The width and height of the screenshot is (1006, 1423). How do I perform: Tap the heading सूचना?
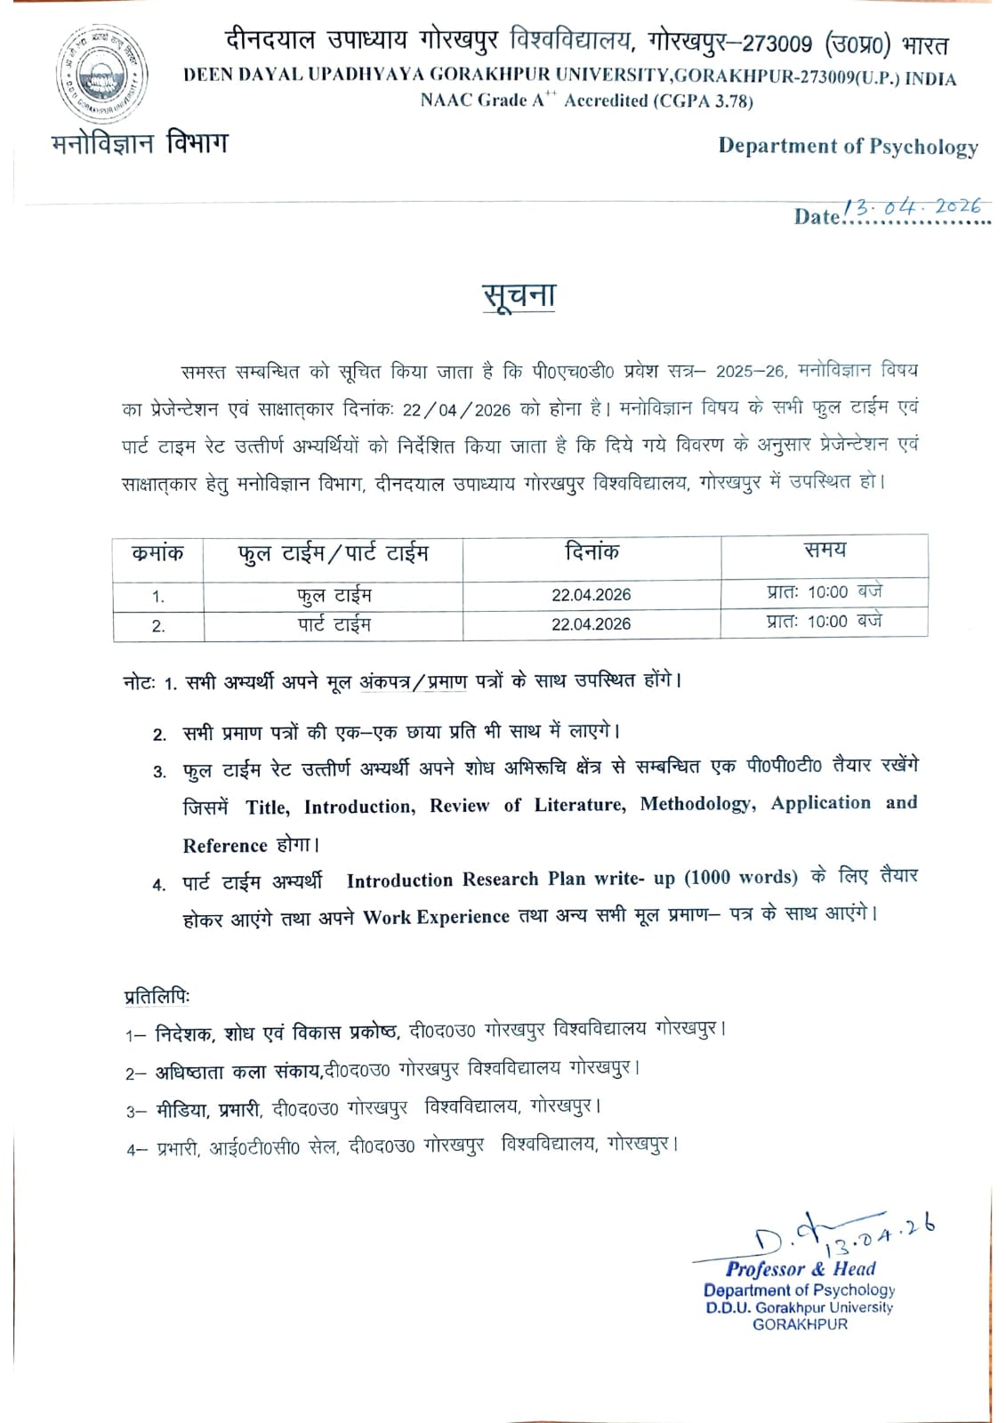[519, 297]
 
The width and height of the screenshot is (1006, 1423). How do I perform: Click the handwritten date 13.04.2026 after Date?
[916, 207]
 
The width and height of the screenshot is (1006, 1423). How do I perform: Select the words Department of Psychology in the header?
[848, 147]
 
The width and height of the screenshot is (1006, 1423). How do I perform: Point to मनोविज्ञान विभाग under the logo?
[140, 142]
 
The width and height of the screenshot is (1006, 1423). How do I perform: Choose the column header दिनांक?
[592, 553]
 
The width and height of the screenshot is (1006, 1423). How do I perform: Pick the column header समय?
[825, 551]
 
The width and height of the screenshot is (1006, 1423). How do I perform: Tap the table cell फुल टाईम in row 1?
[334, 595]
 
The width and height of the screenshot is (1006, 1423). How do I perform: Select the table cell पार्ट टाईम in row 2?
[334, 624]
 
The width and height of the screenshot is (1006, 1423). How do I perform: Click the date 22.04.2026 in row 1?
[591, 595]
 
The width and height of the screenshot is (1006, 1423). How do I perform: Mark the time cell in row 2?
[825, 622]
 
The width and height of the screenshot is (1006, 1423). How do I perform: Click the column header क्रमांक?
[157, 554]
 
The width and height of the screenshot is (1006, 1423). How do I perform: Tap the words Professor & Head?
[801, 1269]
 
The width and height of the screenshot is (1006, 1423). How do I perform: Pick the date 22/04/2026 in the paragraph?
[456, 410]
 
